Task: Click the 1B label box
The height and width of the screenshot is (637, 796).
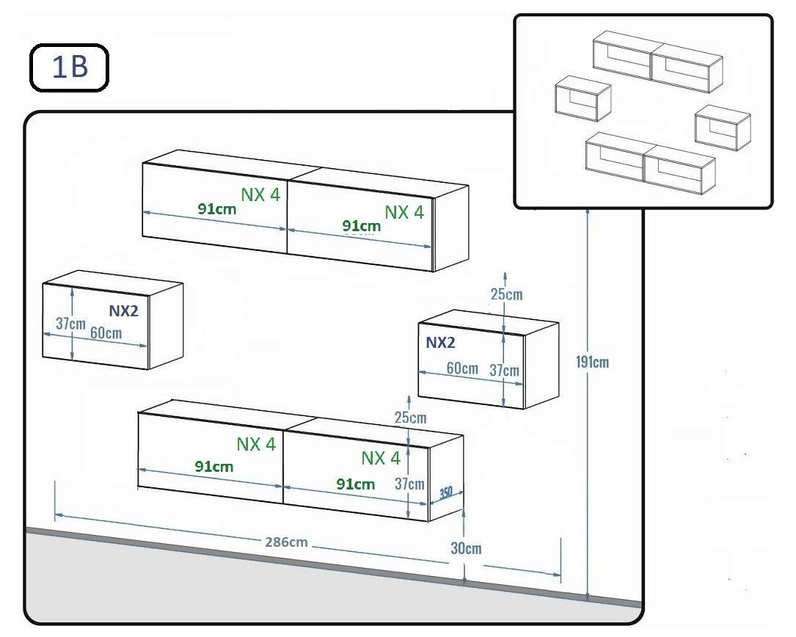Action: coord(69,68)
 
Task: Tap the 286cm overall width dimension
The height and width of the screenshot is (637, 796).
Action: coord(286,542)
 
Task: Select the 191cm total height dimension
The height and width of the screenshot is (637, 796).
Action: coord(594,362)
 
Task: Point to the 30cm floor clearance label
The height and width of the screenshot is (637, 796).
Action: coord(466,548)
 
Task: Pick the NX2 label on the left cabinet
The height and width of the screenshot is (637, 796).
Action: coord(123,310)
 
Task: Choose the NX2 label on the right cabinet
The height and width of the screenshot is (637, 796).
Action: coord(440,343)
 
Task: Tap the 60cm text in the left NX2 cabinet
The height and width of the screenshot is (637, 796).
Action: coord(106,332)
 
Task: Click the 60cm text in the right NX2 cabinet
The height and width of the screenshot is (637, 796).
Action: coord(462,368)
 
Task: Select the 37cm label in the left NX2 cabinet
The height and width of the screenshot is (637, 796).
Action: coord(70,323)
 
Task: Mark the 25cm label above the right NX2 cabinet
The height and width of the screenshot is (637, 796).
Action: coord(506,294)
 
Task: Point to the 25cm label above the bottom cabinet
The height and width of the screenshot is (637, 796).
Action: coord(410,418)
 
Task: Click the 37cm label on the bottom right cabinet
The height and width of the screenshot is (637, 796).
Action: coord(409,484)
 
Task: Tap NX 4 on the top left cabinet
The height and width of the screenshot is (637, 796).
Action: coord(260,194)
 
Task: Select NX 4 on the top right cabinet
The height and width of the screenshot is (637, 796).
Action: coord(404,212)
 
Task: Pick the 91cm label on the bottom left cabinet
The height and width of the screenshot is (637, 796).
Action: coord(214,466)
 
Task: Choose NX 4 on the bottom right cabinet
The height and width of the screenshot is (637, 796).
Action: coord(381,459)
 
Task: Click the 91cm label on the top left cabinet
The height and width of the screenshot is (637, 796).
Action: coord(216,208)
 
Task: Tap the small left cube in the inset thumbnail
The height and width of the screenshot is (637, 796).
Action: coord(583,98)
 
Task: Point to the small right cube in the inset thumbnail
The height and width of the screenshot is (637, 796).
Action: coord(723,128)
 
